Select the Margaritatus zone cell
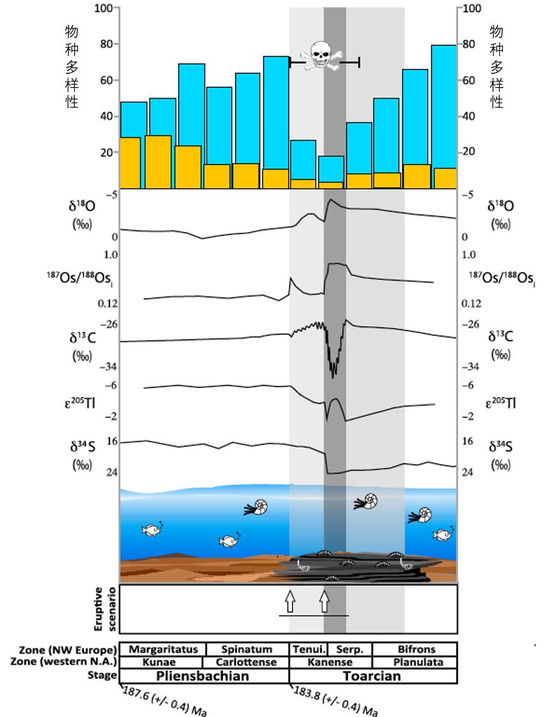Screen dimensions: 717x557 coord(163,649)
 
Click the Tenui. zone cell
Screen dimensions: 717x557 coord(309,649)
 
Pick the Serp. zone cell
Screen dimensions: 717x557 coord(350,649)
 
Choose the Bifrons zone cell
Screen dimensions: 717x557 coord(416,649)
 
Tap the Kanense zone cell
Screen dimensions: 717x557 coord(331,662)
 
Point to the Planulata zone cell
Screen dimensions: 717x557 coord(416,662)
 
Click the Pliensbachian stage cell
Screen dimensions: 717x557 coord(204,676)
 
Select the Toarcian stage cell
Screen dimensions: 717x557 coord(373,676)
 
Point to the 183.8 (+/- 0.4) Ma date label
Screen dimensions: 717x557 coord(335,701)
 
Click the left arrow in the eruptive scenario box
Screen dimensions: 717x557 coord(290,600)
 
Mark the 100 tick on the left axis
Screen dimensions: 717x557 coord(103,8)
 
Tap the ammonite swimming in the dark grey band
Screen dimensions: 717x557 coord(366,502)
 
